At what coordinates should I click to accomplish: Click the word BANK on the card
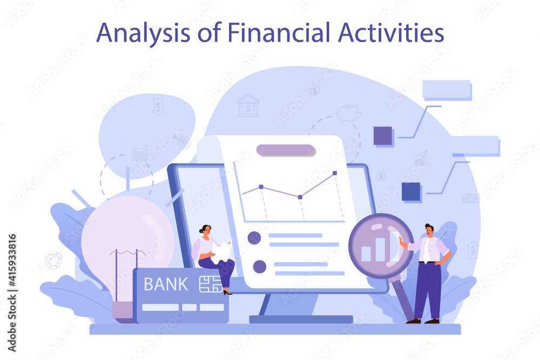pos(166,284)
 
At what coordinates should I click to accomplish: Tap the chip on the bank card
pos(211,284)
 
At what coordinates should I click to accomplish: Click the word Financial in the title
pos(279,33)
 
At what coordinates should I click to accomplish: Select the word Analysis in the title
pos(143,33)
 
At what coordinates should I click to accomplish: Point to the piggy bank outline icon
pos(348,113)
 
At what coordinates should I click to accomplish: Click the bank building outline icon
pos(248,106)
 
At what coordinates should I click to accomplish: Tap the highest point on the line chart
pos(335,173)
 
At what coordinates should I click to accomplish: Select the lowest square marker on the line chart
pos(300,197)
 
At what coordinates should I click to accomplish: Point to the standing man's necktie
pos(427,250)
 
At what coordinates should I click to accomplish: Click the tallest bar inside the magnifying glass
pos(380,249)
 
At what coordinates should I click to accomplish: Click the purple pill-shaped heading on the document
pos(286,150)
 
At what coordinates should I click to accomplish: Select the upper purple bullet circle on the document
pos(254,238)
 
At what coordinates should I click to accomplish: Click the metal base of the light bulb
pos(123,311)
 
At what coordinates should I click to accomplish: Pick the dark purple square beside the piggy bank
pos(383,135)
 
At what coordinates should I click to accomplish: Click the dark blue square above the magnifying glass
pos(411,192)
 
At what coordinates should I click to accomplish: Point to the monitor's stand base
pos(301,319)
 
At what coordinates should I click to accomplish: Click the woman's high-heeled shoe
pos(227,292)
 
